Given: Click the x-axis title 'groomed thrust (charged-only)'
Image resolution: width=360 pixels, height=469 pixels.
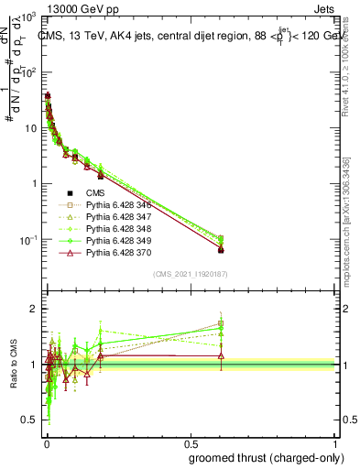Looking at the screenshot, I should (265, 457).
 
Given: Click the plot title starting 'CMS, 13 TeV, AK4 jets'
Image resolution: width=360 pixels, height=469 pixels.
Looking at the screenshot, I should (188, 36).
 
